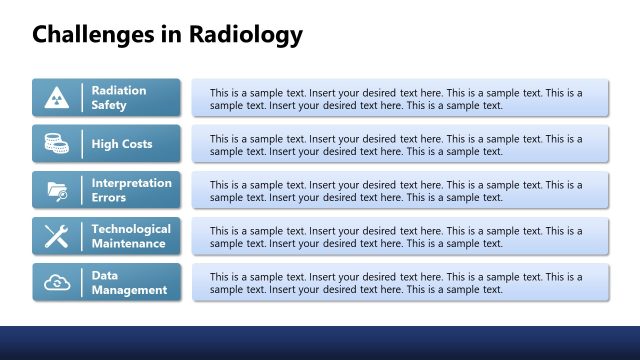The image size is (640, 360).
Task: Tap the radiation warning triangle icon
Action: point(56,98)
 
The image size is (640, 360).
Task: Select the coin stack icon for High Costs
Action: point(56,144)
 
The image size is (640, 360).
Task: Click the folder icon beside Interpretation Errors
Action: point(56,190)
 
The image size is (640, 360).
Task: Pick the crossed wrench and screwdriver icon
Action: point(56,236)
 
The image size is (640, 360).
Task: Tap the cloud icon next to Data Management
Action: point(56,282)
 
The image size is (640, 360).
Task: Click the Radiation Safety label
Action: point(119,98)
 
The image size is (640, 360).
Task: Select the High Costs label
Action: point(122,144)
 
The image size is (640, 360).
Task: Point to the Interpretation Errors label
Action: point(131,190)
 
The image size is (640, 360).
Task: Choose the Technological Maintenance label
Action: point(131,236)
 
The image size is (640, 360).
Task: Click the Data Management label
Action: point(129,282)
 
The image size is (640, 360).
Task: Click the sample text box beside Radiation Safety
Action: point(400,98)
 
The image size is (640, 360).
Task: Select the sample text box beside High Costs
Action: point(400,144)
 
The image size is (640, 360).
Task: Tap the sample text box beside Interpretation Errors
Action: point(400,190)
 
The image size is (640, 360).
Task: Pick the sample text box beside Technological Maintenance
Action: point(400,236)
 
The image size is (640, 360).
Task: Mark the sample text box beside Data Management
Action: point(400,282)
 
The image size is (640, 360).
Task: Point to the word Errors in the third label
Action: point(109,197)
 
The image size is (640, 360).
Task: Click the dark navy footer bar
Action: point(320,343)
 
